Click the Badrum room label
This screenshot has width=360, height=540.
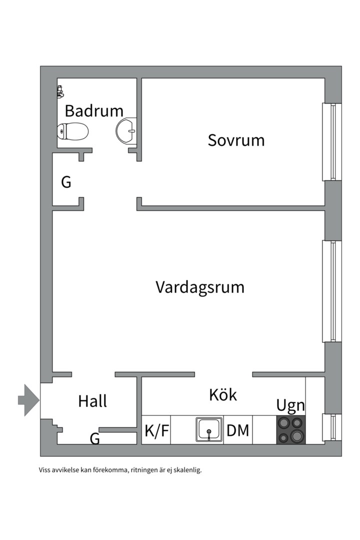[93, 110]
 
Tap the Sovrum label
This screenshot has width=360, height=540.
[236, 140]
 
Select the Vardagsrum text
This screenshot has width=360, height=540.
[200, 287]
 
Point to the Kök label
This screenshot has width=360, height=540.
[222, 395]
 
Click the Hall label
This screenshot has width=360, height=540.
[92, 401]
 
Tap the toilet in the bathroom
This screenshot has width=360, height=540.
[73, 131]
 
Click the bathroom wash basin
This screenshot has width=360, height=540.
[126, 131]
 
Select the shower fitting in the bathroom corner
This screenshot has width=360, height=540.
[60, 91]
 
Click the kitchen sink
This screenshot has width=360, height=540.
[209, 429]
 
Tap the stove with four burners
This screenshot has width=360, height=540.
[291, 429]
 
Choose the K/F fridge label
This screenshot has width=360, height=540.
[156, 430]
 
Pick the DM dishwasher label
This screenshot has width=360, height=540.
[238, 430]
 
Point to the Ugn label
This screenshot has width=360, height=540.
[290, 405]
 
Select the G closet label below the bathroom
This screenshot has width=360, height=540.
[66, 182]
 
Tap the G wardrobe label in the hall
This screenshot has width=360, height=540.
[94, 439]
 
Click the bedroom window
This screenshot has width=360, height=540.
[331, 142]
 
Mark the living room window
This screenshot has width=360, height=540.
[331, 291]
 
